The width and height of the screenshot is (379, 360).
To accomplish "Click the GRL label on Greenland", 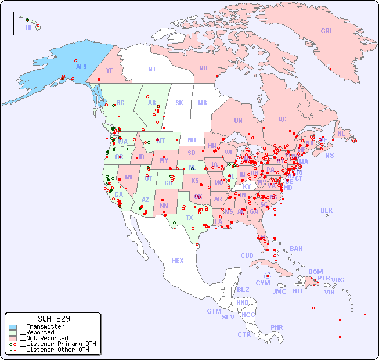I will [327, 31].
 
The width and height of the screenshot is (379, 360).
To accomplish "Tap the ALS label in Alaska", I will [81, 67].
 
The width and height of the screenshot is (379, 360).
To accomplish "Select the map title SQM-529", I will [53, 319].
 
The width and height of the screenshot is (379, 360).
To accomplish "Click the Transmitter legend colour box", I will [13, 327].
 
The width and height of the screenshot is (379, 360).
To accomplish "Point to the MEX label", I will [178, 261].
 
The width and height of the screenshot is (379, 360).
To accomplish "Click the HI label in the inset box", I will [28, 27].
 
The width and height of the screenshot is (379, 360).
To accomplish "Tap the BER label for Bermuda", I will [326, 210].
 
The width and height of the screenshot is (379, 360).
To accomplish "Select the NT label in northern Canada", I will [151, 69].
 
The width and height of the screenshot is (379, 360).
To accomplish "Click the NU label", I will [203, 68].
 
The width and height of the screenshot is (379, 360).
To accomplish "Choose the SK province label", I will [179, 103].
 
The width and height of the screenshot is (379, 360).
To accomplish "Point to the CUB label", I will [247, 255].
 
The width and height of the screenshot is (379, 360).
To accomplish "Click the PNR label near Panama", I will [277, 327].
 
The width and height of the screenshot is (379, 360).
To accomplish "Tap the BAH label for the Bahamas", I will [296, 249].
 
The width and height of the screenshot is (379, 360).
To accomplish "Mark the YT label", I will [109, 70].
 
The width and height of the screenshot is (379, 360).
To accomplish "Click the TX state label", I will [189, 218].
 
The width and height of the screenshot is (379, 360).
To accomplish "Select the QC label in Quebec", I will [282, 119].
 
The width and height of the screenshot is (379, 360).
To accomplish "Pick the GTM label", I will [214, 311].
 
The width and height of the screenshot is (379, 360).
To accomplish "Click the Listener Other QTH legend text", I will [55, 350].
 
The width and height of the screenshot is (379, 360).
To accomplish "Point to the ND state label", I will [192, 140].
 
